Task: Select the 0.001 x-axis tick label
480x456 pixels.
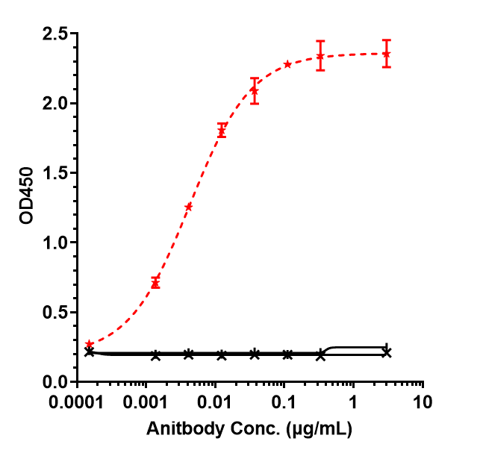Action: (x=150, y=404)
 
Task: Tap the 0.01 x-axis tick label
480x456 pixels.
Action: (x=215, y=404)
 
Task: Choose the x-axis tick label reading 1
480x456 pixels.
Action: (x=353, y=404)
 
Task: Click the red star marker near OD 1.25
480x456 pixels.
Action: (x=188, y=207)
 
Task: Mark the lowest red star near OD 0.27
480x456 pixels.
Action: (x=90, y=343)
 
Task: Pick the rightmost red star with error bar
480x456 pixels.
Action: (x=386, y=54)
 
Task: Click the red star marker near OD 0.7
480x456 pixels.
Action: (x=155, y=283)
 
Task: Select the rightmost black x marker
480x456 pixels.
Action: (x=386, y=352)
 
